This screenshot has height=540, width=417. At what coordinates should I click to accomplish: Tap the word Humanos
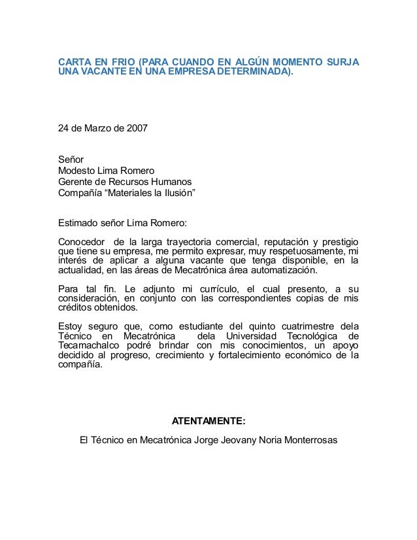click(x=172, y=182)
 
